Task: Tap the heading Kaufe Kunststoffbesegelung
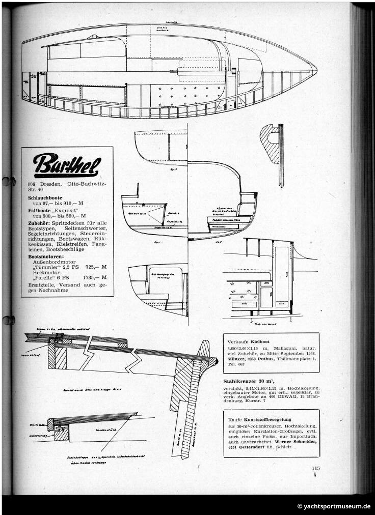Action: (261, 418)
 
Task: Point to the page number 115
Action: (315, 469)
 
